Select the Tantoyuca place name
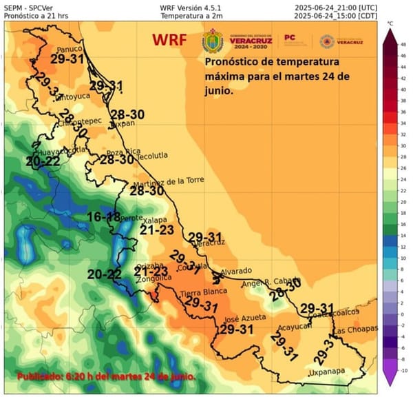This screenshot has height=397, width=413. coord(72,96)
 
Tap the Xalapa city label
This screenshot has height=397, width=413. coord(153,220)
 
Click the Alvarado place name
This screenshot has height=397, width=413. coord(235,271)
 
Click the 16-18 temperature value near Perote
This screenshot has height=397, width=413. coord(105,218)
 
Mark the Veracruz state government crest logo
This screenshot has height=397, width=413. coord(212,41)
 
